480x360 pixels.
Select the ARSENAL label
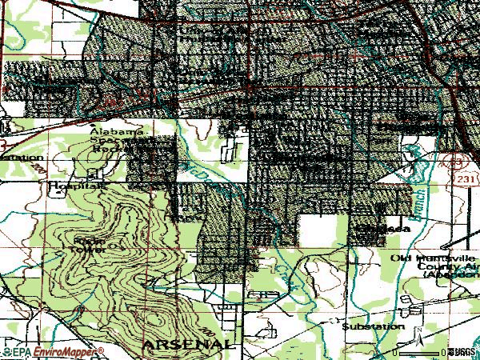[190, 344]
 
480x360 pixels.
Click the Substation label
[373, 326]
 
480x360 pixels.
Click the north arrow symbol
[417, 331]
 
